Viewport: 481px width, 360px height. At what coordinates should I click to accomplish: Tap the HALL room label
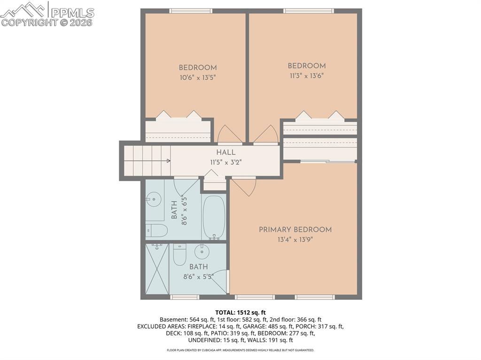click(226, 153)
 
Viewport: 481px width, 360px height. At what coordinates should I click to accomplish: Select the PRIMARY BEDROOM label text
click(295, 230)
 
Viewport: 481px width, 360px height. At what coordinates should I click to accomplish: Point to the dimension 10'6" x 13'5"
click(197, 77)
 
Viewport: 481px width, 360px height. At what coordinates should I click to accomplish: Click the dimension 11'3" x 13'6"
click(306, 76)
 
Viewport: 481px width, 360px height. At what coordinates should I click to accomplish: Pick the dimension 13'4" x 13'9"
click(295, 239)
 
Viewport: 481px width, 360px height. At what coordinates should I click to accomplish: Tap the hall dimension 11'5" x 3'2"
click(226, 162)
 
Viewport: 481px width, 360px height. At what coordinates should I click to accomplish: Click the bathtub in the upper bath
click(214, 217)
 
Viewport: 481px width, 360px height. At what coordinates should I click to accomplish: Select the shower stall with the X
click(157, 268)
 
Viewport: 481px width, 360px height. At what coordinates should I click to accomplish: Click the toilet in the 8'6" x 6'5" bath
click(156, 230)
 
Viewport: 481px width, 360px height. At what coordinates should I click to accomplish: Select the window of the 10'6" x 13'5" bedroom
click(191, 11)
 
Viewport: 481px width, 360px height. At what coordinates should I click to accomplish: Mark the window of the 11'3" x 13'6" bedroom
click(309, 11)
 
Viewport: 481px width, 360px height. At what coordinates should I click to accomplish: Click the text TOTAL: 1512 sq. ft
click(240, 312)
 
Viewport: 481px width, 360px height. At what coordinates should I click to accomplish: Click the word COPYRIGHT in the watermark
click(30, 22)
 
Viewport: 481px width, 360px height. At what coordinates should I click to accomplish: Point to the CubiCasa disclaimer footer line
click(240, 350)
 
